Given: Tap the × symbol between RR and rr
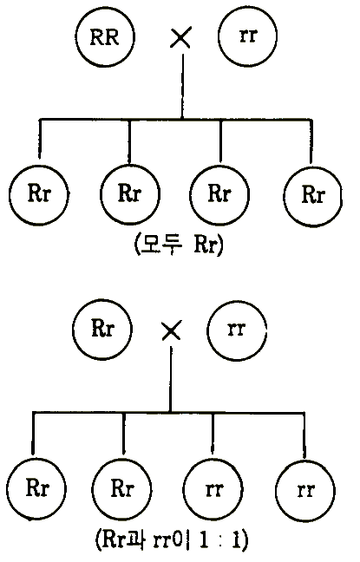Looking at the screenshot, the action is click(180, 38).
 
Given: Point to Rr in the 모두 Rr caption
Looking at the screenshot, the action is click(206, 245).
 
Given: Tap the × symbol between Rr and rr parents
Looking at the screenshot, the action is click(172, 330).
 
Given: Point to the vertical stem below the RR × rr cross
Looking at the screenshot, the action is click(183, 87).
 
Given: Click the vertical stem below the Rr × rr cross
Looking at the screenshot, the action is click(171, 379).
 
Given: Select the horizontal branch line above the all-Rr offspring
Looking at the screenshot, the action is click(175, 119).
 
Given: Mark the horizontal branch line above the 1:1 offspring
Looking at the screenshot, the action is click(169, 413).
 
